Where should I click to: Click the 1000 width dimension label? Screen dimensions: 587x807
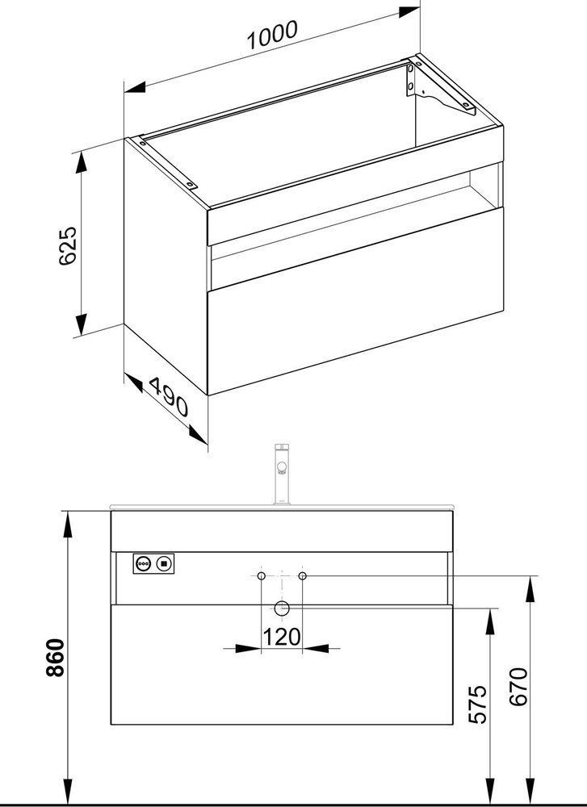(272, 35)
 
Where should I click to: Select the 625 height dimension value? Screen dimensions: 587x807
(68, 245)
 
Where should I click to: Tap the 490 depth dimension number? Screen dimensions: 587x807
(169, 396)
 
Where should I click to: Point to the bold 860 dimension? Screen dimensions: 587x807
(55, 658)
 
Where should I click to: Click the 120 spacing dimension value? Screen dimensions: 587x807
(281, 638)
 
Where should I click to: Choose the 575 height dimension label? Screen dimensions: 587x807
(478, 704)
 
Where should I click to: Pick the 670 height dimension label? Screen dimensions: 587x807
(519, 687)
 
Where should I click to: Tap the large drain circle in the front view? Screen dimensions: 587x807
(282, 608)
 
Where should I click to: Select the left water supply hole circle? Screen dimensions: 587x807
(262, 575)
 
